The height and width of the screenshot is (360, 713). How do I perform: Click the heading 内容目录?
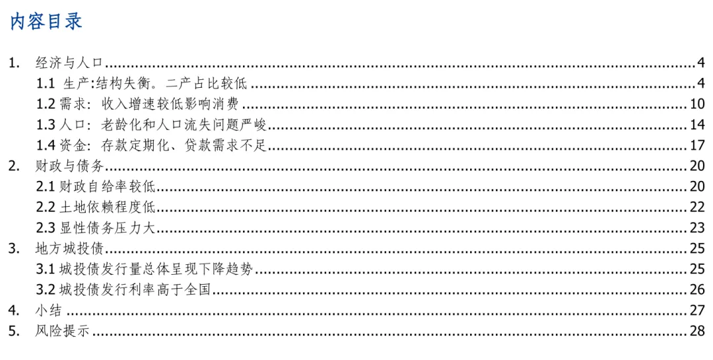click(x=46, y=21)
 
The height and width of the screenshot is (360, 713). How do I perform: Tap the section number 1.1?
click(x=46, y=83)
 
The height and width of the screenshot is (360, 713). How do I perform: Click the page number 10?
click(x=698, y=104)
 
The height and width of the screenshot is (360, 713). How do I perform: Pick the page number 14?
click(x=698, y=125)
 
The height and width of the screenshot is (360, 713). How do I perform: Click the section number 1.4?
click(x=46, y=145)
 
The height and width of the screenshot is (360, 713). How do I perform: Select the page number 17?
click(x=698, y=145)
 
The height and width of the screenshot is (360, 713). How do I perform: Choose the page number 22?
click(x=698, y=207)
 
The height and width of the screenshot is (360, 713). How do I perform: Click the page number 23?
click(x=698, y=228)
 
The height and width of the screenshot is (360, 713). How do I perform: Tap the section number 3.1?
click(x=46, y=270)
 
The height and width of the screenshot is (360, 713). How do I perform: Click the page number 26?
click(x=698, y=290)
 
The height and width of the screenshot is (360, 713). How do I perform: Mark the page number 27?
click(x=698, y=310)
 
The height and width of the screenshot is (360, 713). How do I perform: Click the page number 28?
click(x=698, y=331)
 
